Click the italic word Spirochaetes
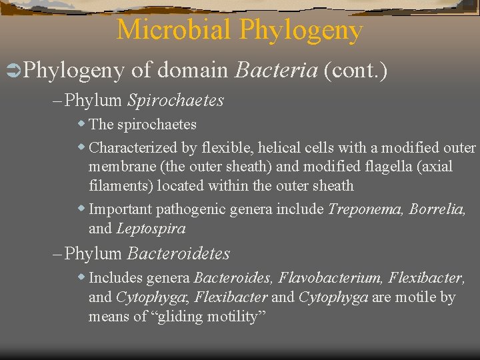[175, 101]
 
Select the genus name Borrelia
[437, 209]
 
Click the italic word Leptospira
[151, 229]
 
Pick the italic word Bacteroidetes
[178, 253]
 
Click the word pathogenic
[191, 209]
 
